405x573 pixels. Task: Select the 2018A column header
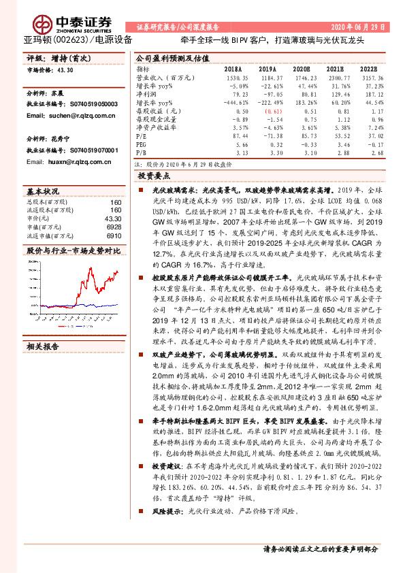(x=232, y=69)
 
